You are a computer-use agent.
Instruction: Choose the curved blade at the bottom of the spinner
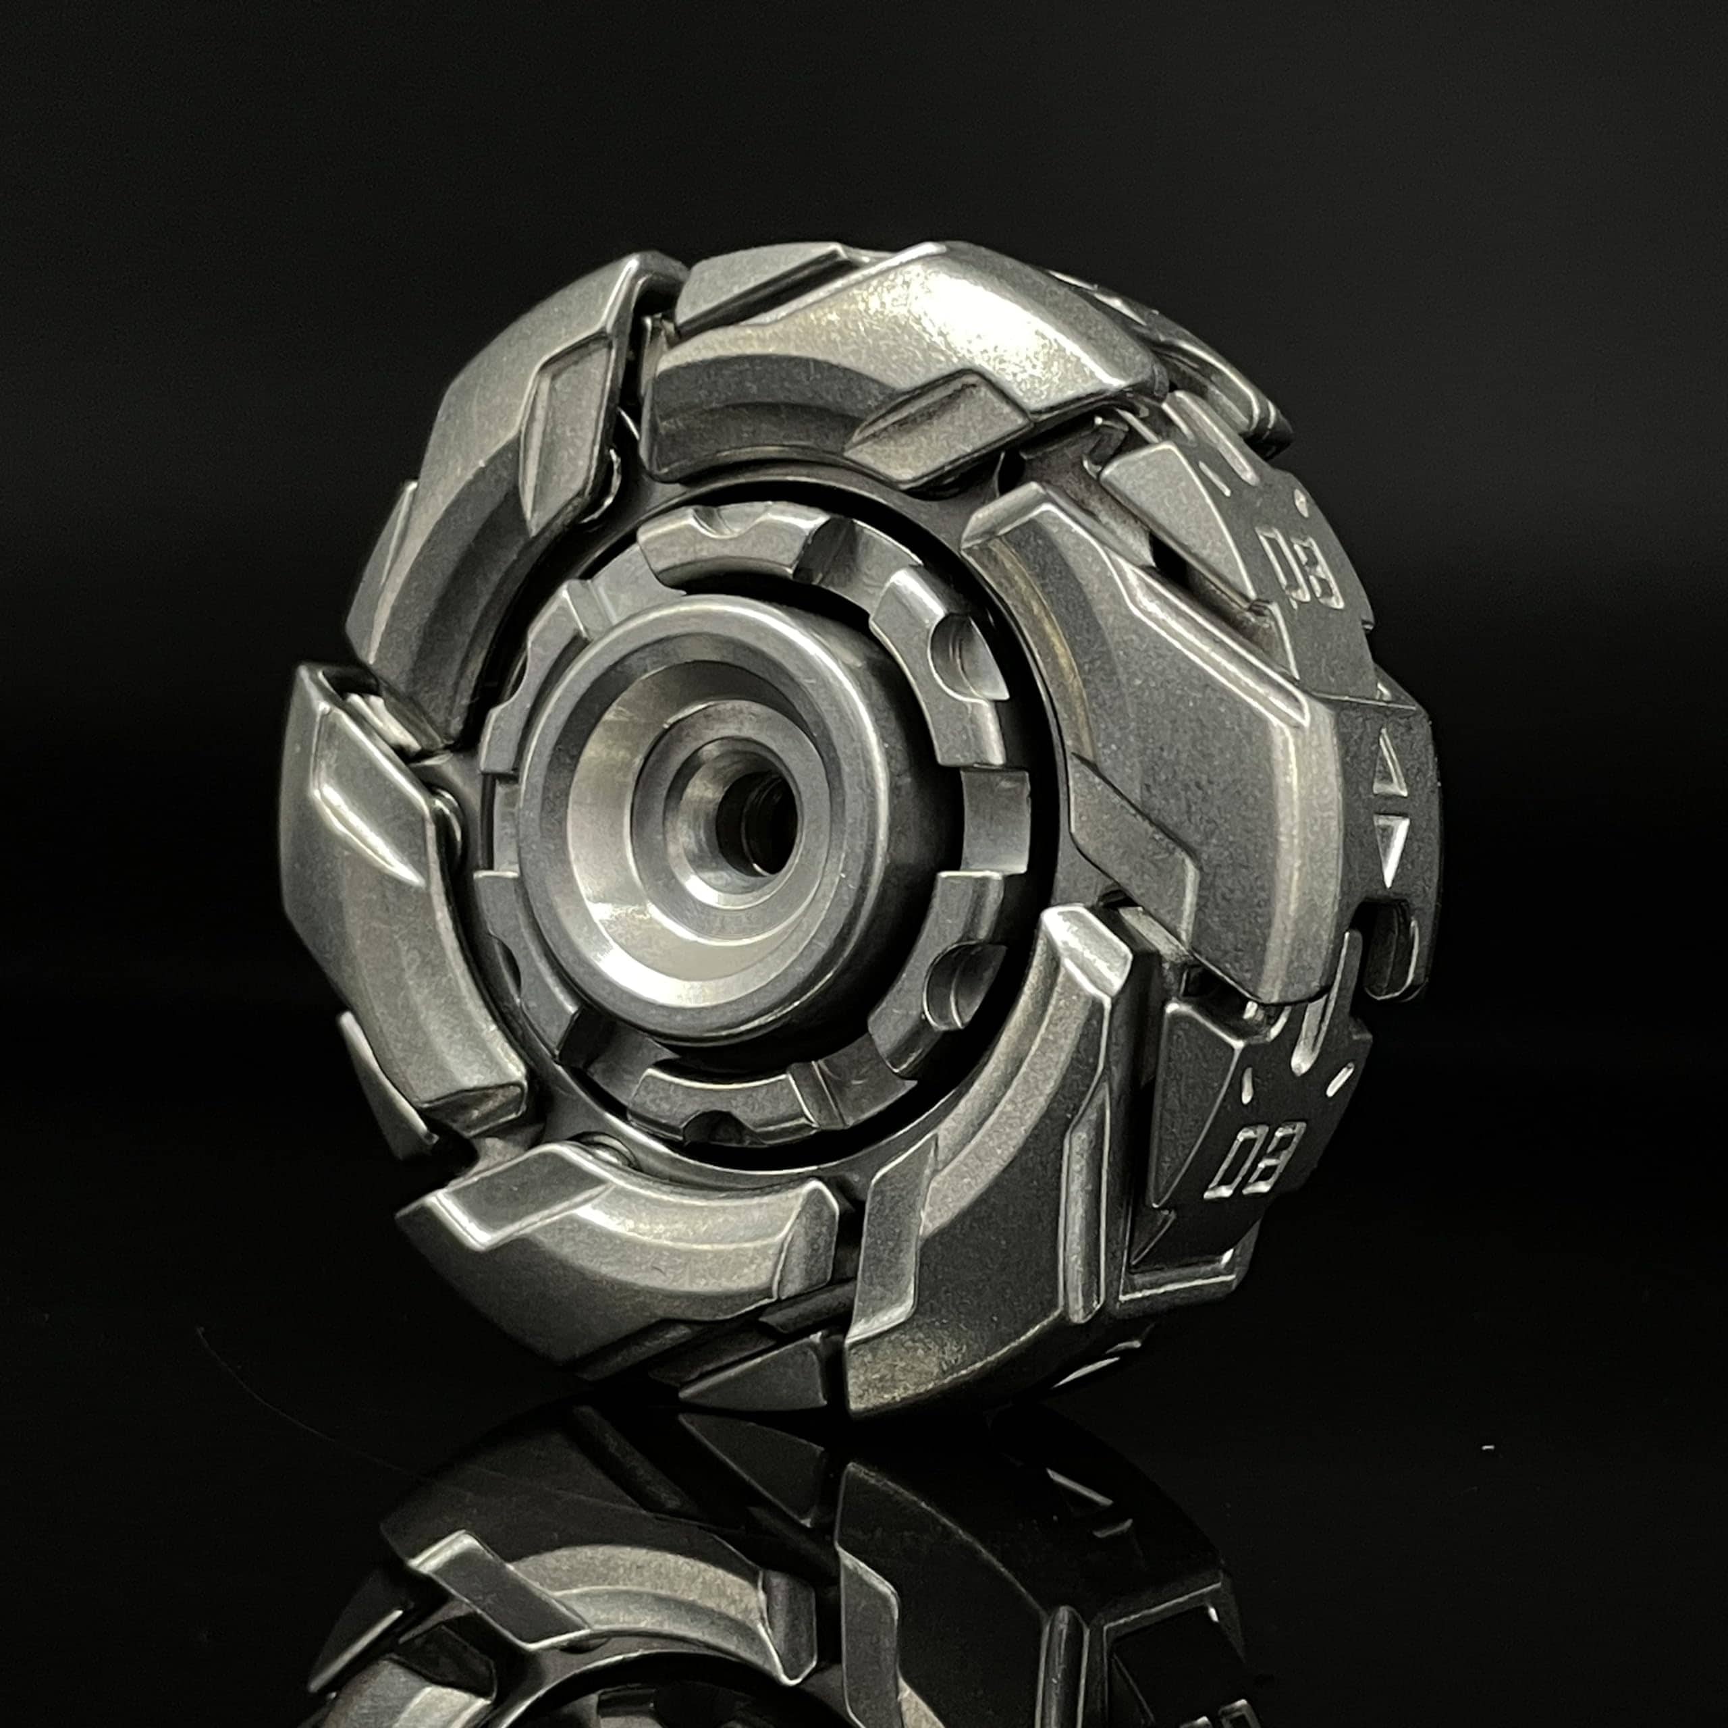[608, 1216]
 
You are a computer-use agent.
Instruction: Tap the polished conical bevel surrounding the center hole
[644, 859]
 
